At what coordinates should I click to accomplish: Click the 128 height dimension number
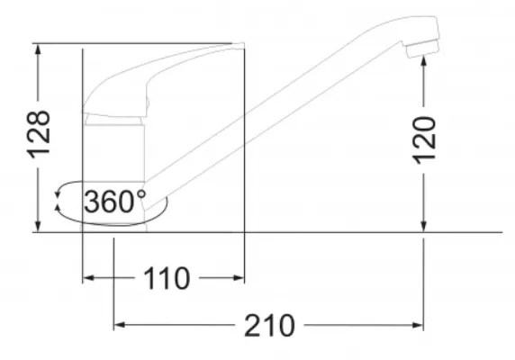coord(39,134)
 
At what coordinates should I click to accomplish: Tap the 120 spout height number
coord(424,140)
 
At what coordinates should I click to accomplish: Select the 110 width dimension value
coord(167,278)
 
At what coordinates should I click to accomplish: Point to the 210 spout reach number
coord(269,325)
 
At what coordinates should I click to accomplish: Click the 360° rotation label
coord(115,201)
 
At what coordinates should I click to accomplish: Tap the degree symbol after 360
coord(141,193)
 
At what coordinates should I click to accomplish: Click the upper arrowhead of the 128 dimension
coord(38,49)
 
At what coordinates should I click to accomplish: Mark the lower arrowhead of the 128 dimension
coord(38,227)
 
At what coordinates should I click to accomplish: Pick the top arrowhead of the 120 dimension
coord(423,62)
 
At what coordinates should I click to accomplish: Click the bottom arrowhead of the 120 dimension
coord(423,227)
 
